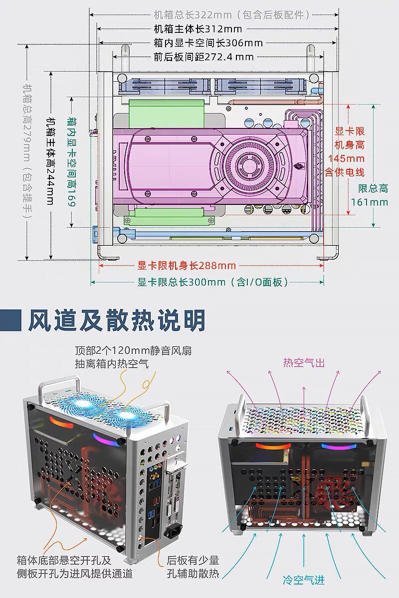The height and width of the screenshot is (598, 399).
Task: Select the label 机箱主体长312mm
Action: point(198,29)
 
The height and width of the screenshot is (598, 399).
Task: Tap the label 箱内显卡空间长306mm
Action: point(208,43)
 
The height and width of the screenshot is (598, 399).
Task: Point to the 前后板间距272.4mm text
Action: point(203,57)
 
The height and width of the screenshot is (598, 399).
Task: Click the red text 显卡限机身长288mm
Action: point(187,266)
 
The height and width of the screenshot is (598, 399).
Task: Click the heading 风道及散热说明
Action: point(116,321)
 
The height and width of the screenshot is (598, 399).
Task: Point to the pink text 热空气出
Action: point(304,362)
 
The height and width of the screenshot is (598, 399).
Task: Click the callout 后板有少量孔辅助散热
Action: point(193,567)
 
